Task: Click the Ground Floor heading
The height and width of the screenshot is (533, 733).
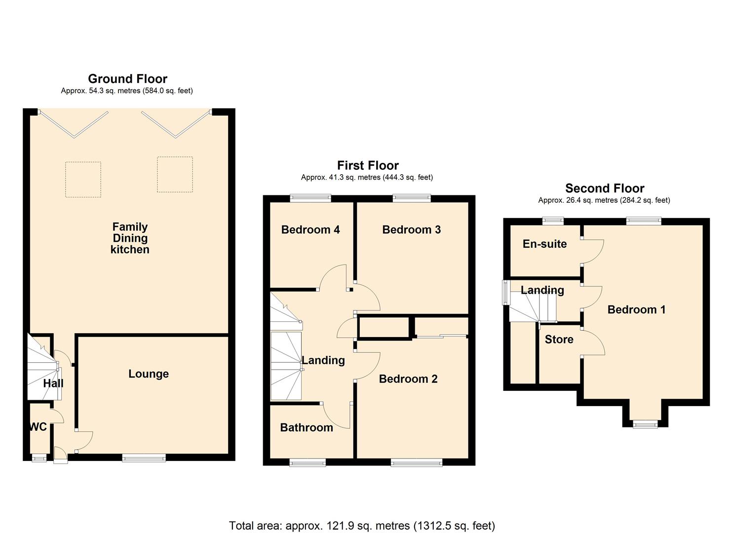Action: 127,79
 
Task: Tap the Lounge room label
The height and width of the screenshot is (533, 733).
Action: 149,374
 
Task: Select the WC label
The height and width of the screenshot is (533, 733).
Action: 38,427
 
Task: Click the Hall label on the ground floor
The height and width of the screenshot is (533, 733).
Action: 53,383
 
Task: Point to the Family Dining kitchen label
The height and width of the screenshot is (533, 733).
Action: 130,238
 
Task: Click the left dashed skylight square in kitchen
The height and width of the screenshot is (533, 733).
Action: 83,180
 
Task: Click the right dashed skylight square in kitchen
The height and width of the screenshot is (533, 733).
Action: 175,175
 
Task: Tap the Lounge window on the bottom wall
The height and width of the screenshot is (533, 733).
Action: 144,458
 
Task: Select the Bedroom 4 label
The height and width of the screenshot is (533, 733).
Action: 310,229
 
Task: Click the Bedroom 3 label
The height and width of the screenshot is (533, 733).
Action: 411,229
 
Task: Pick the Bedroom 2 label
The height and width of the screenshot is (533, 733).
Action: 408,379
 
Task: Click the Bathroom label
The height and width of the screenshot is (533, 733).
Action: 307,427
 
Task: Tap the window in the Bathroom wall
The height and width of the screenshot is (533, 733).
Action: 308,462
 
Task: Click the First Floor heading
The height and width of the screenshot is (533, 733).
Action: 368,165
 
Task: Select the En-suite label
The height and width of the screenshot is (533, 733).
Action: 544,244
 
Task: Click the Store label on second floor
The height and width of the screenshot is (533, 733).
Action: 559,340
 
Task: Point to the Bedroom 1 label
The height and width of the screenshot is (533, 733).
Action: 636,310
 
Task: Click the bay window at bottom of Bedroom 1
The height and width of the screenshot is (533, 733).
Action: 646,423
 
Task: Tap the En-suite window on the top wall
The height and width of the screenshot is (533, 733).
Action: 553,221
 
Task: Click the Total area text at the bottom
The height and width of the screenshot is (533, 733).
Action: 362,526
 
